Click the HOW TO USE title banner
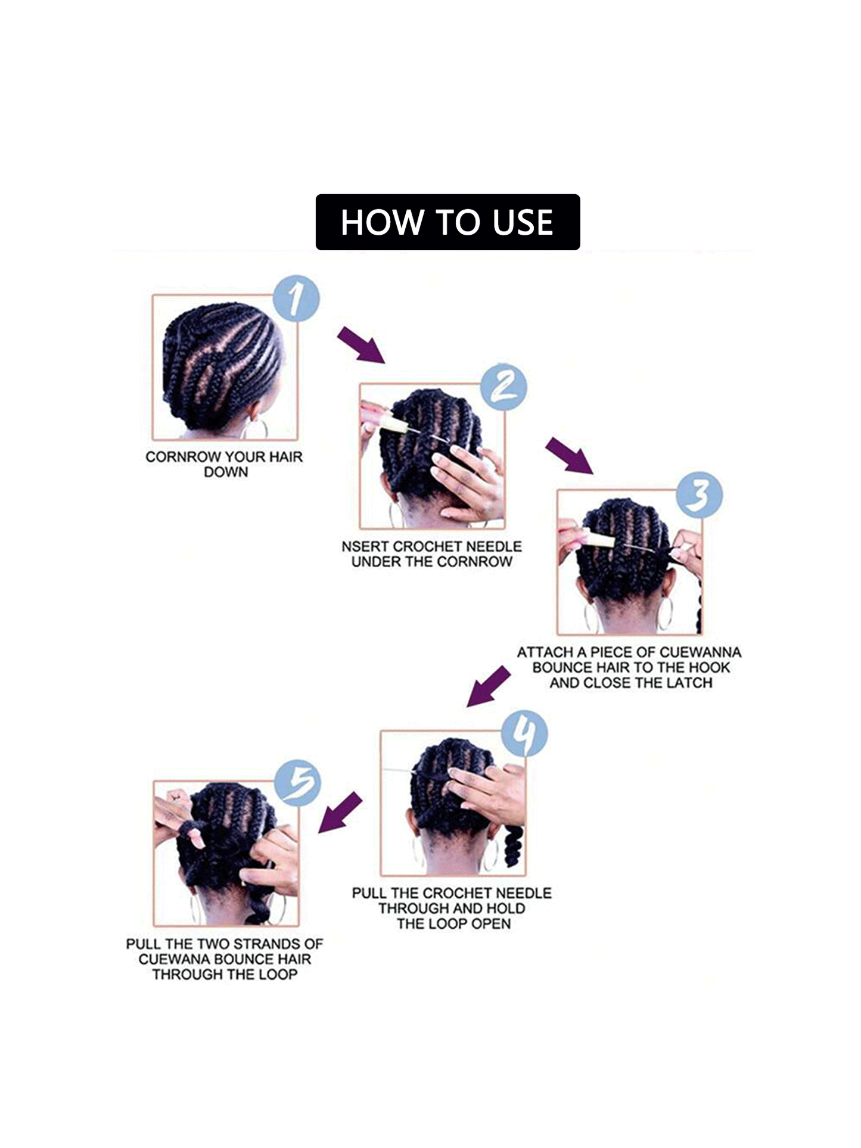(447, 222)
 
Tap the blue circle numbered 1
(296, 298)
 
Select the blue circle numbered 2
(504, 387)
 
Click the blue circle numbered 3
(700, 495)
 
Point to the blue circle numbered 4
(524, 734)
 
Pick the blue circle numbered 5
(298, 783)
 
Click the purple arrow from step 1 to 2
(362, 345)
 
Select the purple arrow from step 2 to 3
(570, 455)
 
